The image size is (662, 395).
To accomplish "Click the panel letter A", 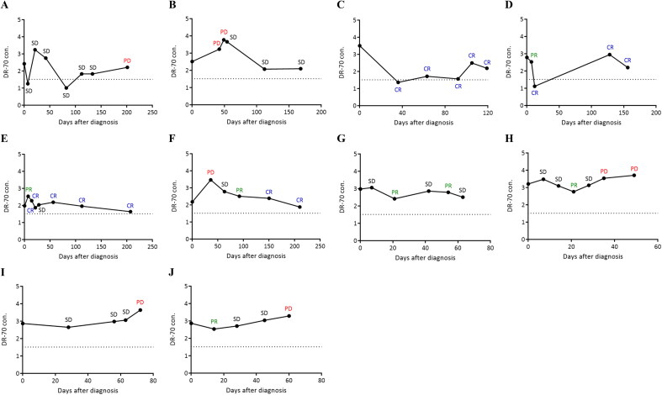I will (7, 7).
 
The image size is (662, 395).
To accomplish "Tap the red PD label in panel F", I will (210, 172).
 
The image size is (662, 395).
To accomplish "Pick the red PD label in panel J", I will (289, 308).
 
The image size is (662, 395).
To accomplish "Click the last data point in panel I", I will (140, 310).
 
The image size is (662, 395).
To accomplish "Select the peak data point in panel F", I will (211, 180).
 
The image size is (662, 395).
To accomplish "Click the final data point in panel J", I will (289, 316).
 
